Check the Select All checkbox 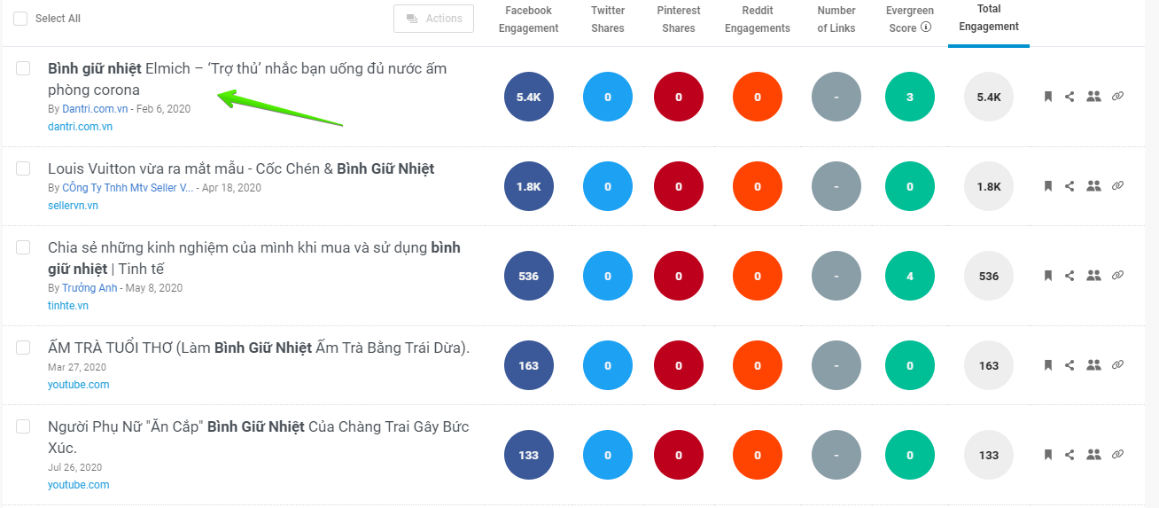(x=20, y=19)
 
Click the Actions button (x=433, y=19)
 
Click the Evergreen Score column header (x=908, y=20)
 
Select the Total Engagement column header (x=988, y=18)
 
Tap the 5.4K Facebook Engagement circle (x=528, y=97)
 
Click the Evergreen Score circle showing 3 (x=910, y=97)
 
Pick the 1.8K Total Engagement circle (x=989, y=186)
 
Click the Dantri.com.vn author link (x=95, y=109)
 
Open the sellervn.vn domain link (x=73, y=206)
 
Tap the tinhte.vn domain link (x=68, y=306)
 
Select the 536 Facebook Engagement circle (x=528, y=276)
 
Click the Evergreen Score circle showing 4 (x=910, y=276)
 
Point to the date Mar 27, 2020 (x=77, y=367)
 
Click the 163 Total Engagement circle (x=989, y=365)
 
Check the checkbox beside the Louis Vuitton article (x=23, y=168)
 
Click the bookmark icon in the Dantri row (x=1047, y=97)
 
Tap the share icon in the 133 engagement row (x=1070, y=455)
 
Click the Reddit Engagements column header (x=757, y=20)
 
